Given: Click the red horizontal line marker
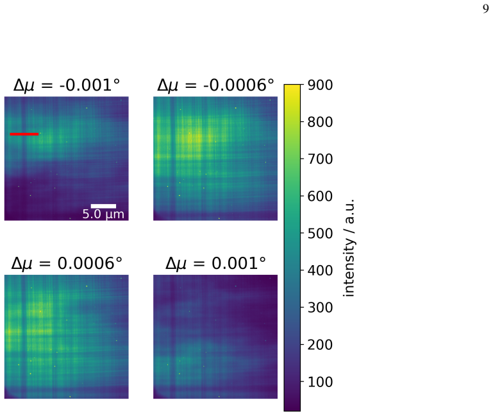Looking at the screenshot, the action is (24, 134).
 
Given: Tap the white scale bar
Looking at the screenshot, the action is (103, 206).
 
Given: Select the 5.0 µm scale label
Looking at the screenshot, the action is (103, 214).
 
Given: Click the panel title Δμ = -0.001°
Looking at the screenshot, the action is (67, 85).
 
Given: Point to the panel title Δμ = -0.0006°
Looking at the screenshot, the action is (215, 85).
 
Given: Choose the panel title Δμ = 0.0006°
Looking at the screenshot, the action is (67, 263).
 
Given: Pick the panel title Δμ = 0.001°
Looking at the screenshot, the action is (215, 263).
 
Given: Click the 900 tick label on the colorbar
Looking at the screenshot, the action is (320, 85).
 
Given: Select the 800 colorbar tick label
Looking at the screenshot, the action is (320, 122).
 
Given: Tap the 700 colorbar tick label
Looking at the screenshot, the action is (320, 159).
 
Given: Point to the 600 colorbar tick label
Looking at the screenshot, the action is (320, 196).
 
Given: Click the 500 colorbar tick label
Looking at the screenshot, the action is (320, 234).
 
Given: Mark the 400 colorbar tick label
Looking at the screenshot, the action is (320, 270).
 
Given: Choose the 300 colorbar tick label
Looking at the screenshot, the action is (320, 308).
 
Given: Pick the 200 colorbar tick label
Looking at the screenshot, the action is (320, 345).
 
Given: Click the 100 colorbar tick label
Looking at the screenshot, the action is (320, 382).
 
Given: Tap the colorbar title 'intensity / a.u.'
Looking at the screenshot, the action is (349, 248).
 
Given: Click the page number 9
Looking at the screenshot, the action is (486, 9).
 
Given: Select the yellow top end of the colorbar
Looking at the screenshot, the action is (292, 87).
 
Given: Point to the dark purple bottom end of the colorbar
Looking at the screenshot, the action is (292, 409).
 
